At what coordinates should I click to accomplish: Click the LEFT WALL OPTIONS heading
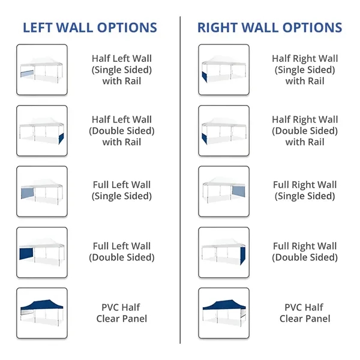90,28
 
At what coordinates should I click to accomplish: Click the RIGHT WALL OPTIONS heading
270,28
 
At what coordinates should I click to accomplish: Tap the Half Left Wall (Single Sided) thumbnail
42,70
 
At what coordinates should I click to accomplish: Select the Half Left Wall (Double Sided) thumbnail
42,130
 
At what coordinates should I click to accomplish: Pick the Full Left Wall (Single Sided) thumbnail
42,191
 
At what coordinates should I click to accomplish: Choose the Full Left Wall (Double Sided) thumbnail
42,251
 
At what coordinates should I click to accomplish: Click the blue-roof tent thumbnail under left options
42,312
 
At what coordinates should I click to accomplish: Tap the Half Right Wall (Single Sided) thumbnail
224,70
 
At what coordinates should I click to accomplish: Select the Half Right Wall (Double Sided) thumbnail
224,130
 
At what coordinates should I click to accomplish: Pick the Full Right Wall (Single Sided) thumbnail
224,191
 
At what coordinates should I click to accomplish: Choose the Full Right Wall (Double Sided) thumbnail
224,251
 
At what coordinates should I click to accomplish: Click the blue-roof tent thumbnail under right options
224,312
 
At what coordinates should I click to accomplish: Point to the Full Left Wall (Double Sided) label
122,251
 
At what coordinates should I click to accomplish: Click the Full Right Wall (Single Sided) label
304,190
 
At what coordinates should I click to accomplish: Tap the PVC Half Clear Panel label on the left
122,313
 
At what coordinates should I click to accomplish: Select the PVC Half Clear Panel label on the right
304,313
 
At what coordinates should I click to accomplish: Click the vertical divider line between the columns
180,180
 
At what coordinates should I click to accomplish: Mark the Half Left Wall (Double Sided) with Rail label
122,130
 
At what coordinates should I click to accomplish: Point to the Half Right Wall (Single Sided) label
304,70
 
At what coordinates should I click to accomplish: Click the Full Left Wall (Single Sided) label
122,190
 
